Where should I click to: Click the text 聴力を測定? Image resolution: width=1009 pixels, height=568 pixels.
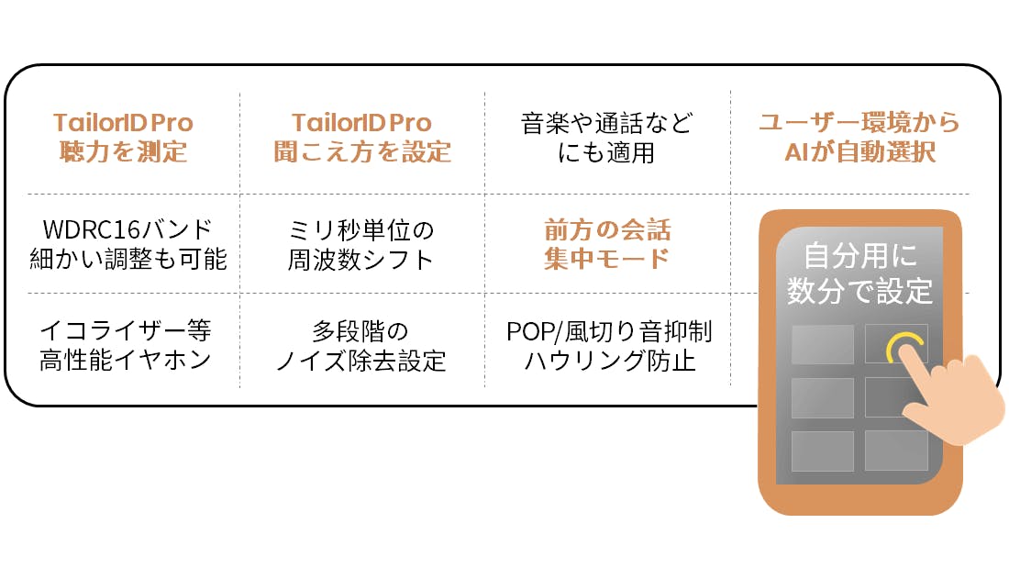pyautogui.click(x=123, y=151)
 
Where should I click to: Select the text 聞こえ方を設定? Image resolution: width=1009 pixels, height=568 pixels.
pyautogui.click(x=361, y=151)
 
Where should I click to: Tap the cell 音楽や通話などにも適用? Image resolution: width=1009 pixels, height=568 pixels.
pyautogui.click(x=606, y=138)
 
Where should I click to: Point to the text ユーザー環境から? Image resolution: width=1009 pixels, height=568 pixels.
pyautogui.click(x=859, y=123)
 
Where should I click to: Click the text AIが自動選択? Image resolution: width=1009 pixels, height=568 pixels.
pyautogui.click(x=859, y=151)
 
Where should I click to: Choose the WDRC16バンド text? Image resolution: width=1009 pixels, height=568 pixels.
pyautogui.click(x=128, y=229)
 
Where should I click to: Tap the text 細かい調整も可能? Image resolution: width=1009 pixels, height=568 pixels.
pyautogui.click(x=128, y=259)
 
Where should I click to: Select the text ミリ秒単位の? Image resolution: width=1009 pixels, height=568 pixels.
pyautogui.click(x=360, y=229)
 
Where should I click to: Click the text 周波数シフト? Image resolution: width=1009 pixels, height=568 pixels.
pyautogui.click(x=360, y=259)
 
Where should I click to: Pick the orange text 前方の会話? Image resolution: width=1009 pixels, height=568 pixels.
pyautogui.click(x=606, y=229)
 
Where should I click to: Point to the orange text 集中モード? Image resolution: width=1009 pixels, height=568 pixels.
pyautogui.click(x=606, y=259)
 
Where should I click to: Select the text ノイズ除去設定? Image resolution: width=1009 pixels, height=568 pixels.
pyautogui.click(x=360, y=360)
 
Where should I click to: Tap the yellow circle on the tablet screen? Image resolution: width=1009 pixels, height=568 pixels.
pyautogui.click(x=904, y=348)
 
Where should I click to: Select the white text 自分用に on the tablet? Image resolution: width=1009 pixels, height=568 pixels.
pyautogui.click(x=859, y=255)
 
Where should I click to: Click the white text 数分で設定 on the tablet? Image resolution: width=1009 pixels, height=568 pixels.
pyautogui.click(x=859, y=291)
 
